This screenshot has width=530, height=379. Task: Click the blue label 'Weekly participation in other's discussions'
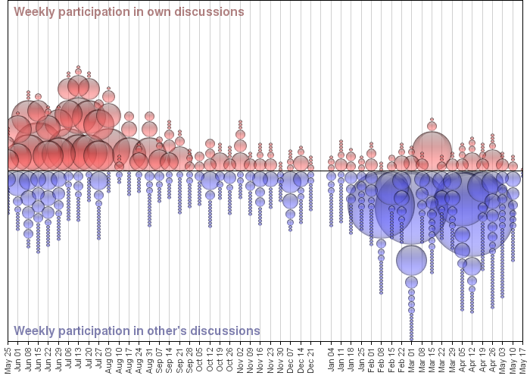tap(137, 330)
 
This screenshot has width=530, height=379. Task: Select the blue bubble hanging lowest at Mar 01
tap(411, 338)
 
